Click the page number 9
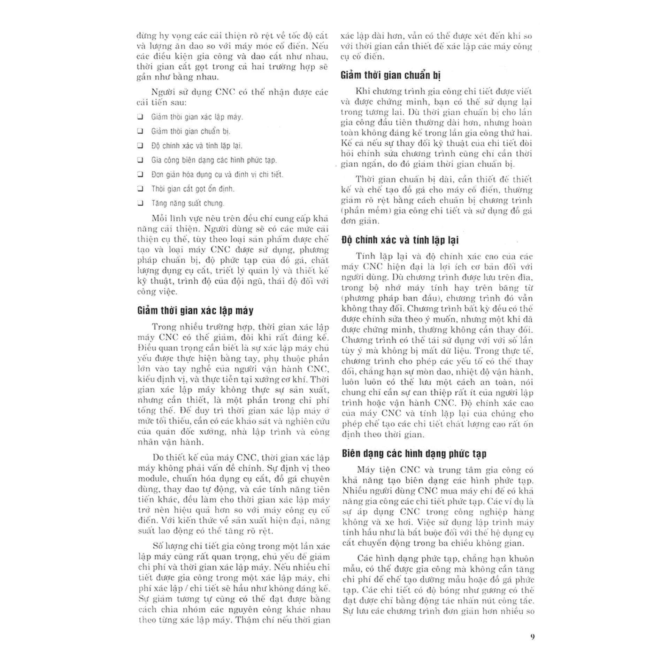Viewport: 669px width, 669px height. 532,637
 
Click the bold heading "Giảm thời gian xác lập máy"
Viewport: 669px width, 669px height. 195,310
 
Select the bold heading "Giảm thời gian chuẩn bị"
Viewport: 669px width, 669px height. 391,75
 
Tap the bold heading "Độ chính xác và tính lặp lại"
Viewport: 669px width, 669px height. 400,240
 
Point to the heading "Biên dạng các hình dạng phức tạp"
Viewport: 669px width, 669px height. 414,453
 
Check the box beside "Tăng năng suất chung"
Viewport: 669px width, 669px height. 140,203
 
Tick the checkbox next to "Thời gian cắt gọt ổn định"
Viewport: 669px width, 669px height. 140,189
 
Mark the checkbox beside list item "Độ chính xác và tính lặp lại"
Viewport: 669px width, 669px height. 140,145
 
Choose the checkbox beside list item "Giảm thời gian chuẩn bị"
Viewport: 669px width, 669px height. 140,131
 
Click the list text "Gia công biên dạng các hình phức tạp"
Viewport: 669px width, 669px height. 214,160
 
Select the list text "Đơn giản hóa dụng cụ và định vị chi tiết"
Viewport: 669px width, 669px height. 217,174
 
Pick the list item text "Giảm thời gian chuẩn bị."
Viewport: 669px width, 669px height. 191,131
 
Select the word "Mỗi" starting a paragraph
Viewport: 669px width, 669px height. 159,218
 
